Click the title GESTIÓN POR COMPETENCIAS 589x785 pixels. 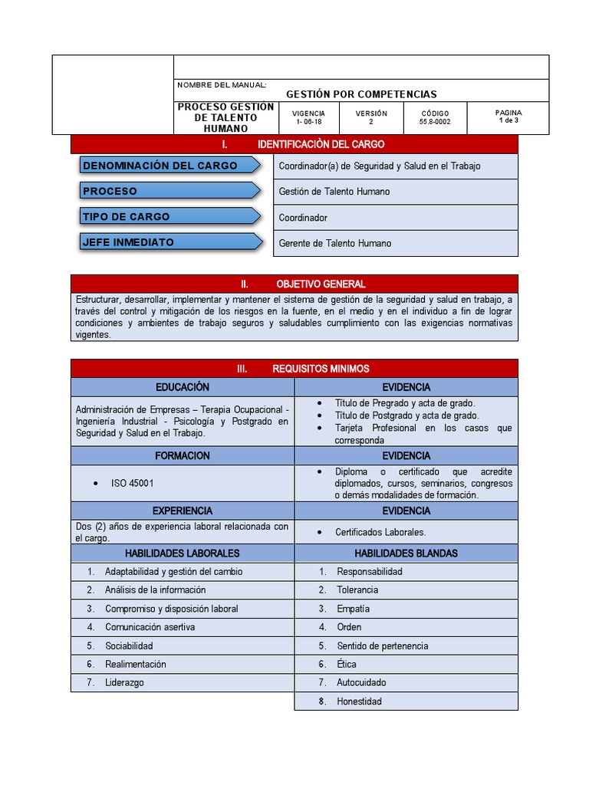[x=361, y=94]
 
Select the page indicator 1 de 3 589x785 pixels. [x=508, y=120]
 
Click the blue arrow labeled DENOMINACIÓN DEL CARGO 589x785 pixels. [x=169, y=166]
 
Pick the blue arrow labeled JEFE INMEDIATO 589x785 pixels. [x=169, y=242]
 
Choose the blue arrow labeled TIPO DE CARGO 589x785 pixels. [x=169, y=217]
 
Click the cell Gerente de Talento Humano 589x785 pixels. [x=334, y=243]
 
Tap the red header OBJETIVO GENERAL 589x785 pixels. [x=294, y=284]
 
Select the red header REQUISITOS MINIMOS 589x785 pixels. [x=294, y=369]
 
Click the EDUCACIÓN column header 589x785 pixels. [x=182, y=387]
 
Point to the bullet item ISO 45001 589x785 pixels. [x=133, y=484]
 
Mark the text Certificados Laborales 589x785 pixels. [x=380, y=532]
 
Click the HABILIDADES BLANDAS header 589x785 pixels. [x=406, y=553]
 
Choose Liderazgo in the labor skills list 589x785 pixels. [x=124, y=682]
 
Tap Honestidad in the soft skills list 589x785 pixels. [x=359, y=701]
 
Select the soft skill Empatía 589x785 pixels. [x=353, y=609]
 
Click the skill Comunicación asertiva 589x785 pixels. [x=150, y=627]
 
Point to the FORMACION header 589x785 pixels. [x=182, y=455]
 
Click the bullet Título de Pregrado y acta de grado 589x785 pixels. [x=404, y=403]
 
